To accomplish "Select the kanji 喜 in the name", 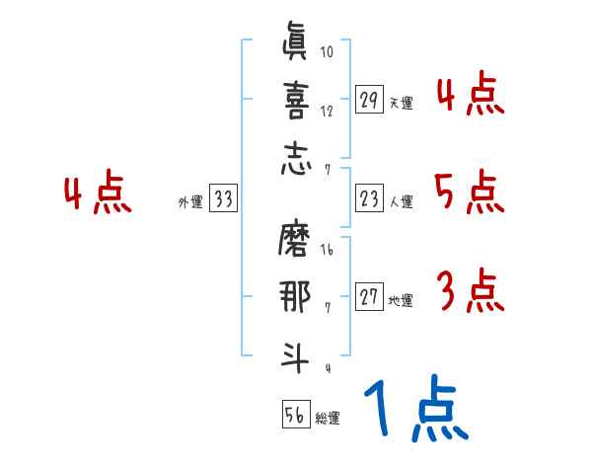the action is point(294,102).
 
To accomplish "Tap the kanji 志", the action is point(294,159).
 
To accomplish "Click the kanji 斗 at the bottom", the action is point(294,356).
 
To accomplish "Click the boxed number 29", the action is point(370,101).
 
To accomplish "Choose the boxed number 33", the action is point(223,199).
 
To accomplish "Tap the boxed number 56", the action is point(295,416).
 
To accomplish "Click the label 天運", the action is point(401,103).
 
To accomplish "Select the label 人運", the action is point(401,201).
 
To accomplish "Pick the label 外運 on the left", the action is point(190,201).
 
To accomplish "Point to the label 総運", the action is point(328,418).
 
